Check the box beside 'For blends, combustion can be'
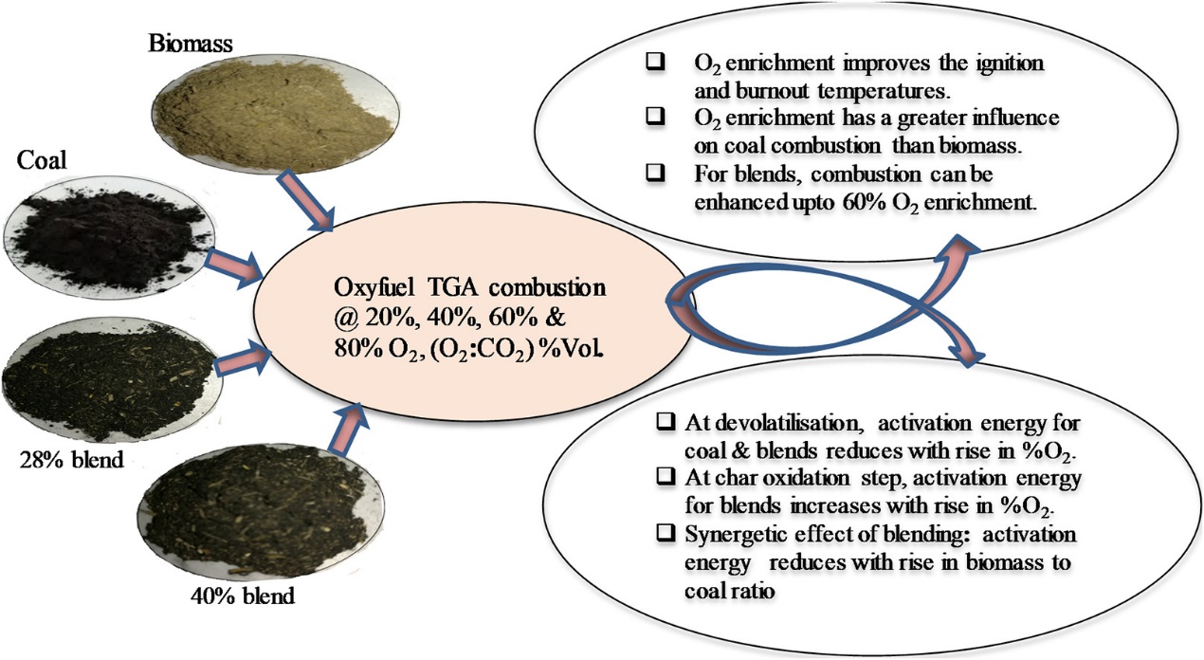tap(654, 176)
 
